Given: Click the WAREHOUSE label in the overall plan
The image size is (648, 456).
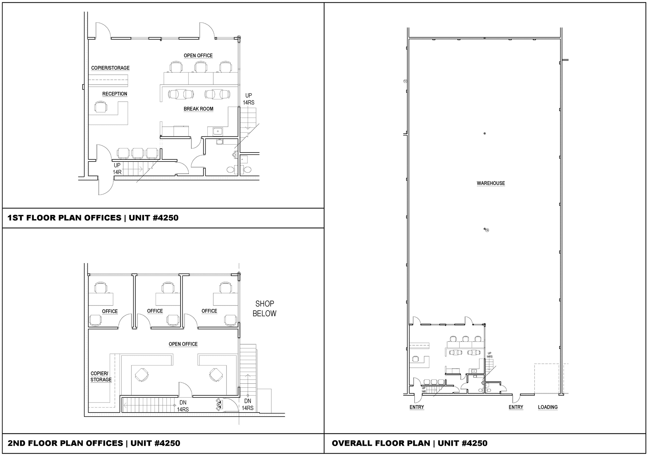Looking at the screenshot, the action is coord(491,183).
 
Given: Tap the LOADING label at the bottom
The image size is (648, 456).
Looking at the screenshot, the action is coord(548,407).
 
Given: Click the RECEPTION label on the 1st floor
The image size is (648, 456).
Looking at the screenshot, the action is coord(115,94).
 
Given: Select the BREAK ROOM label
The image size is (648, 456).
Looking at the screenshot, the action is coord(198,109).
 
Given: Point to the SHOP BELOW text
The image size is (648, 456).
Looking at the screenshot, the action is coord(265,309).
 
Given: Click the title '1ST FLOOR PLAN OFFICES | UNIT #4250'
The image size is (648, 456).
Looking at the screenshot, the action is coord(93,218).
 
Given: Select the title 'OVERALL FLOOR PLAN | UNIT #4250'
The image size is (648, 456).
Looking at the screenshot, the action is coord(409,443).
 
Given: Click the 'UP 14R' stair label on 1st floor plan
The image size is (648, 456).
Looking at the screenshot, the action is coord(117,169).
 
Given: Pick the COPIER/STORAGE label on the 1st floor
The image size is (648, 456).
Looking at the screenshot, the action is coord(110,68).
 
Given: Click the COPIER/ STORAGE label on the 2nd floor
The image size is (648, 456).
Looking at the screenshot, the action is coord(101,377).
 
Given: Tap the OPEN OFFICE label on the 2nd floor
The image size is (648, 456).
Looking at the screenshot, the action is coord(183,344).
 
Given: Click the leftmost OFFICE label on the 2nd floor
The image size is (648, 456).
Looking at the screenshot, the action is coord(110,312).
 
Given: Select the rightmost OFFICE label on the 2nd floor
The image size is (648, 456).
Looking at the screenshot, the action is coord(209,311).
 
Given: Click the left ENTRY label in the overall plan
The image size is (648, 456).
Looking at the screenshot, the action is coord(417,407).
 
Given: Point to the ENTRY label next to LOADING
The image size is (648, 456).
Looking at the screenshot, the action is coord(516,407).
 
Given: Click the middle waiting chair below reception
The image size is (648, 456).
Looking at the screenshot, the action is coord(137,153).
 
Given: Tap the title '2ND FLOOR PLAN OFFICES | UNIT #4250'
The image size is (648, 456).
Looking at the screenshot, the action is coord(94,443).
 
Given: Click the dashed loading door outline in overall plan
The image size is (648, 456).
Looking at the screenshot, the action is coord(535,379).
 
